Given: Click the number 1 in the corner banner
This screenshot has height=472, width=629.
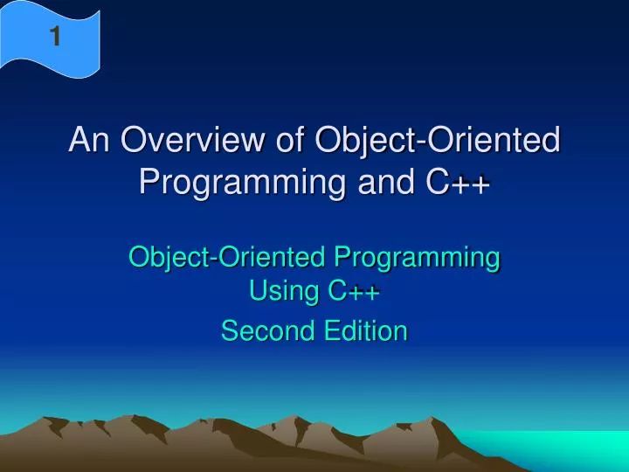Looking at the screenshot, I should tap(55, 37).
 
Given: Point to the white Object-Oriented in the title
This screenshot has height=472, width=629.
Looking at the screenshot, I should tap(437, 140).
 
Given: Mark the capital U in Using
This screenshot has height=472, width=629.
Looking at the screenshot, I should tap(258, 292).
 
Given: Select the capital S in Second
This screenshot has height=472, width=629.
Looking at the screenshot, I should tap(230, 330).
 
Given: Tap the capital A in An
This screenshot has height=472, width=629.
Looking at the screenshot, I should tap(79, 140).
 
